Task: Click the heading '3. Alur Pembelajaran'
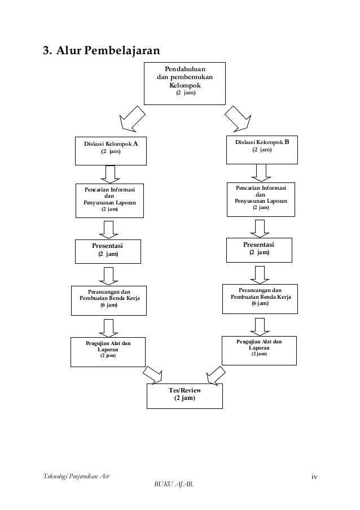tap(102, 50)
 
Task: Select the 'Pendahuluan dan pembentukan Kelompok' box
tap(185, 84)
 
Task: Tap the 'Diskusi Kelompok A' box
tap(111, 151)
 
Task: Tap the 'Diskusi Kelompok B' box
tap(262, 150)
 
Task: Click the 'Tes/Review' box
tap(185, 396)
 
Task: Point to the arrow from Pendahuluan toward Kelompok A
tap(132, 119)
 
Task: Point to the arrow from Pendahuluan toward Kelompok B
tap(238, 119)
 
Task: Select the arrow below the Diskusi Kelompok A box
tap(110, 175)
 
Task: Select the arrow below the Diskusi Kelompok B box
tap(261, 173)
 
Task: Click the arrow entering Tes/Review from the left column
tap(152, 374)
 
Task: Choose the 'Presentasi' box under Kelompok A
tap(108, 251)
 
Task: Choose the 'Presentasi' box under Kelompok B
tap(259, 250)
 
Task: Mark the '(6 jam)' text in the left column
tap(109, 305)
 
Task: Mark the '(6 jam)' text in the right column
tap(260, 303)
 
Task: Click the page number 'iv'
tap(314, 477)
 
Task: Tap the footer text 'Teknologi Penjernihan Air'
tap(76, 477)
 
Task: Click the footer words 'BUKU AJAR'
tap(173, 484)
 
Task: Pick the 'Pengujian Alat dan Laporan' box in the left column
tap(108, 352)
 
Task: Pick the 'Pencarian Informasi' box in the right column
tap(261, 199)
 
